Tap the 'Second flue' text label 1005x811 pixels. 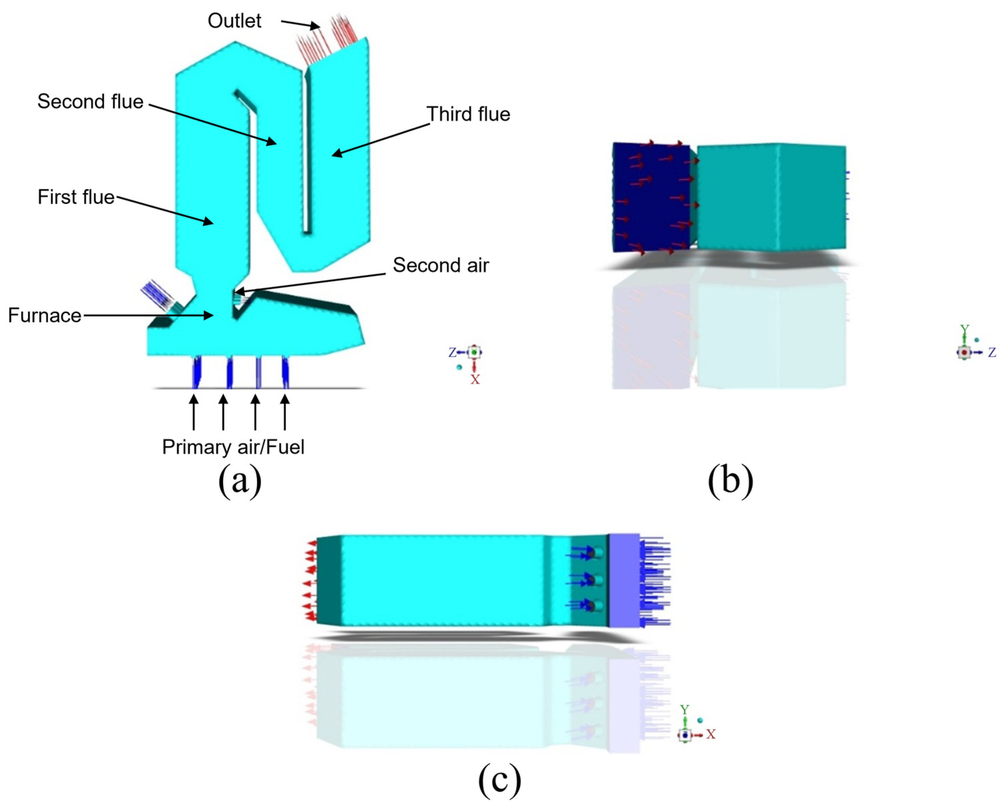[90, 101]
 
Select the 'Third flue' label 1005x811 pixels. [468, 114]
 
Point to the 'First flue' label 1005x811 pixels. [76, 197]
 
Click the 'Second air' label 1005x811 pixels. [441, 265]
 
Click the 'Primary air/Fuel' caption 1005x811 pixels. [233, 447]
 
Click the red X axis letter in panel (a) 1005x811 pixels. [475, 380]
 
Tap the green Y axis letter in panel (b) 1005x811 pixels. [964, 330]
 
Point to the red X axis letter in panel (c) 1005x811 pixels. [711, 734]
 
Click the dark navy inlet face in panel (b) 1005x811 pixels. [651, 196]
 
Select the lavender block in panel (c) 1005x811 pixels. [624, 581]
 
